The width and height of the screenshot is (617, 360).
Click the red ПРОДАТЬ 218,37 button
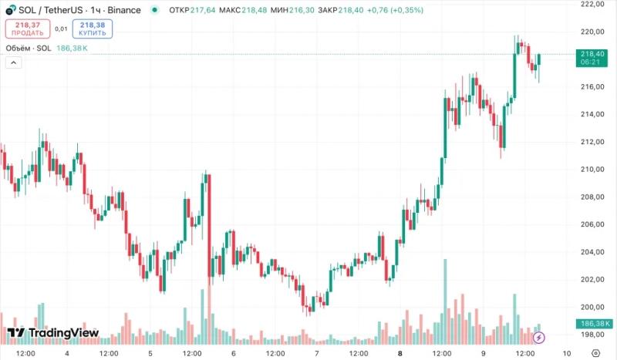[28, 29]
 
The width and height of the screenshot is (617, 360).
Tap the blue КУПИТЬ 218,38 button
[93, 29]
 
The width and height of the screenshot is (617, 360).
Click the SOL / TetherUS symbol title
[50, 10]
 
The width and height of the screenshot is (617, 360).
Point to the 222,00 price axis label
[592, 4]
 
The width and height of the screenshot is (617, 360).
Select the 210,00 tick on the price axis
[592, 169]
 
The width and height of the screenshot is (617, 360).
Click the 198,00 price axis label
[592, 335]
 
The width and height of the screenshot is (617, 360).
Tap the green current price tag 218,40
[592, 58]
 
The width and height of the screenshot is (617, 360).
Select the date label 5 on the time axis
[150, 353]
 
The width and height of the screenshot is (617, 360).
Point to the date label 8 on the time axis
[400, 353]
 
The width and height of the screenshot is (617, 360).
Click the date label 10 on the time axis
[567, 353]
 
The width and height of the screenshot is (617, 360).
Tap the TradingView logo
[53, 333]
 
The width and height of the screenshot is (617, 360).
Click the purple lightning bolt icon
[539, 338]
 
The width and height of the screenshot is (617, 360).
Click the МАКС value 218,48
[254, 10]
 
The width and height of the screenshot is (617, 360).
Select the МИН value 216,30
[302, 10]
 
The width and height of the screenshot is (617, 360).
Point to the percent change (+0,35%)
[406, 10]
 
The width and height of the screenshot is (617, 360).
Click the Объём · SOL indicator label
[29, 48]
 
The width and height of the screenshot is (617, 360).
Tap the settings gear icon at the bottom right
[595, 353]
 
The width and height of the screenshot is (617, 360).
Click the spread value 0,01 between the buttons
[61, 29]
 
